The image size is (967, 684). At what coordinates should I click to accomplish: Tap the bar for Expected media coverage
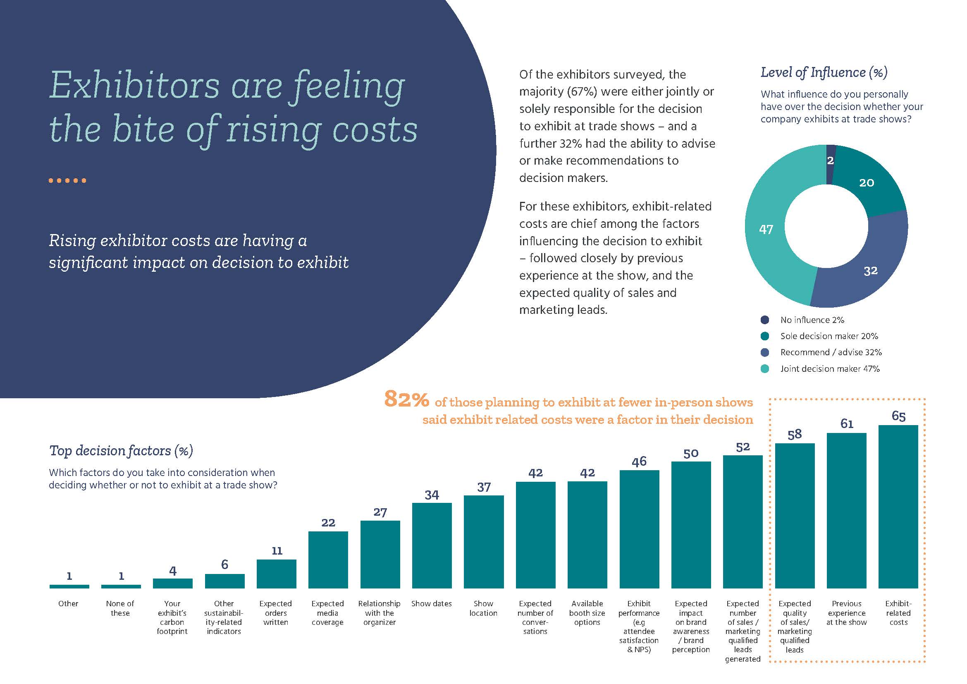[x=328, y=560]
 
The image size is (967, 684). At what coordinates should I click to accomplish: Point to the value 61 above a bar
[x=847, y=424]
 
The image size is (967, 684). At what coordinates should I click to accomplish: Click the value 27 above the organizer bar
[x=380, y=512]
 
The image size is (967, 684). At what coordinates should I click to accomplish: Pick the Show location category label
[x=484, y=608]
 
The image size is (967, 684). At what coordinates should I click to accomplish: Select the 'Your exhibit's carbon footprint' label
[x=172, y=617]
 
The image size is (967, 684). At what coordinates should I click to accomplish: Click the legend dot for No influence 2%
[x=765, y=320]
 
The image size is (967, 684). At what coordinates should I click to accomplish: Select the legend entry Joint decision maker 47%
[x=829, y=368]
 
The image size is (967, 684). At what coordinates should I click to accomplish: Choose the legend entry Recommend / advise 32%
[x=831, y=352]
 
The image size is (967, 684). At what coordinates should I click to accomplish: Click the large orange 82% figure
[x=406, y=399]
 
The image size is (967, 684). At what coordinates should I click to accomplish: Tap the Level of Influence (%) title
[x=824, y=72]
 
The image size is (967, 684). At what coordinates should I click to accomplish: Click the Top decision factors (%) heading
[x=121, y=451]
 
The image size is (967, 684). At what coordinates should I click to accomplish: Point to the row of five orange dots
[x=67, y=181]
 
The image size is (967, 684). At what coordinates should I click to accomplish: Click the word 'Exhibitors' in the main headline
[x=134, y=86]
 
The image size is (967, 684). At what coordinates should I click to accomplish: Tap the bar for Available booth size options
[x=587, y=534]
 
